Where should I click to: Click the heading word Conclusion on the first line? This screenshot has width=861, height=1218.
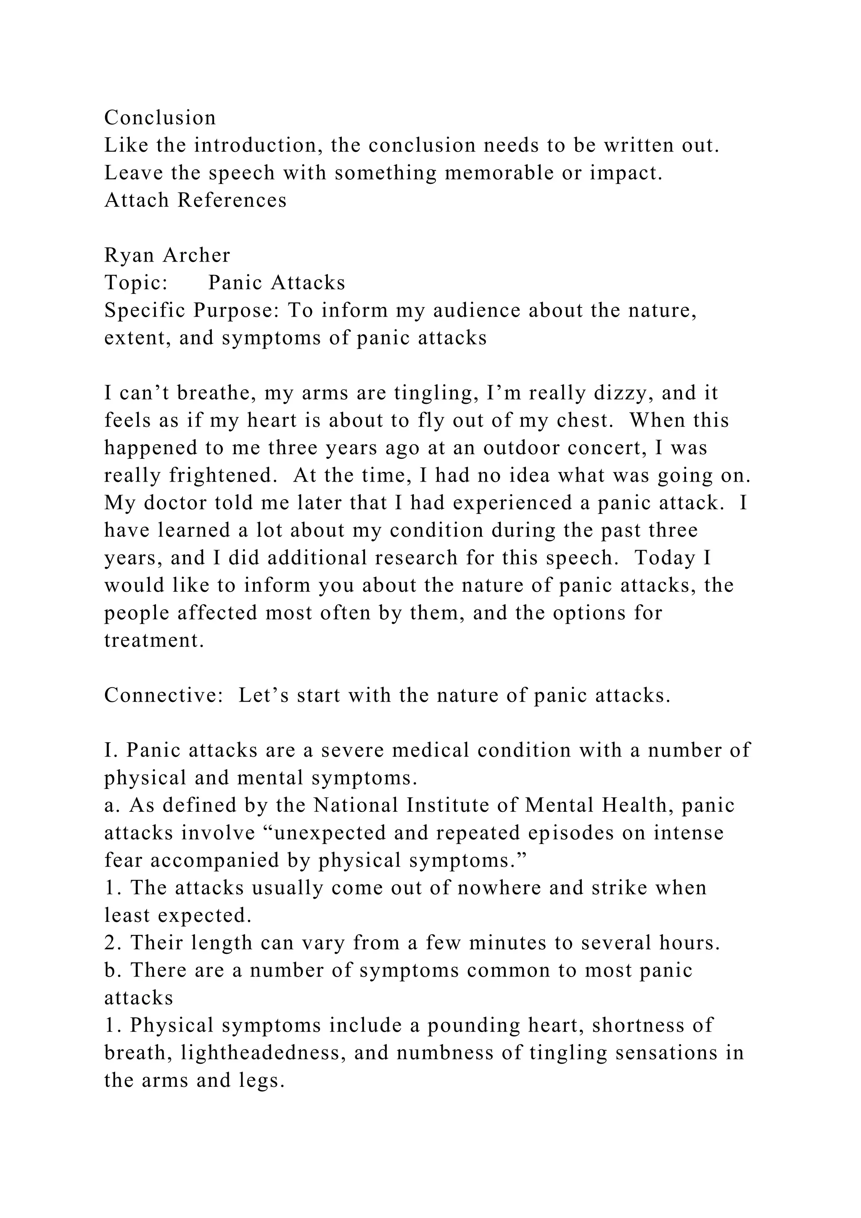pos(160,118)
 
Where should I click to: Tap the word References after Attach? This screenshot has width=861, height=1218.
pos(232,201)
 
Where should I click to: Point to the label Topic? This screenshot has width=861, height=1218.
pos(136,283)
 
